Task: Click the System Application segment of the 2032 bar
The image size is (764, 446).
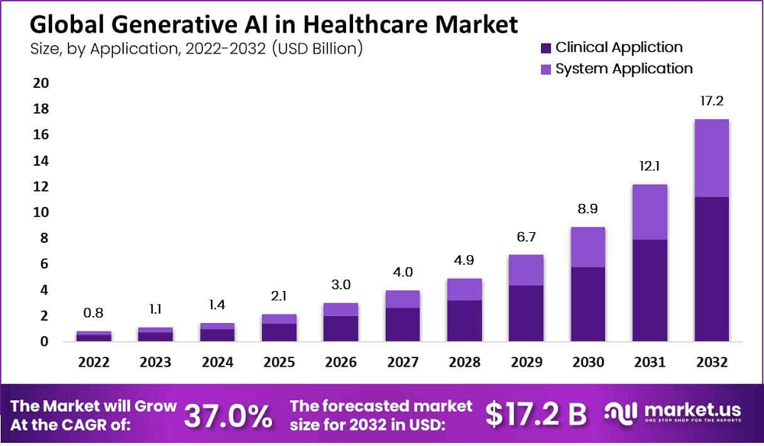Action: (x=711, y=158)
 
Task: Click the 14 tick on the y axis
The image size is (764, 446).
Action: (x=40, y=160)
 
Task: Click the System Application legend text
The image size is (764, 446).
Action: (x=623, y=69)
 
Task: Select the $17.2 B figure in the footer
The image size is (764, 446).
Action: (x=536, y=414)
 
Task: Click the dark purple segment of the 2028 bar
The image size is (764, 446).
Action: (x=465, y=321)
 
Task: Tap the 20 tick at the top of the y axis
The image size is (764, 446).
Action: (x=40, y=82)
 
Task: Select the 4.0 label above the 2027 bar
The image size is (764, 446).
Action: (x=403, y=272)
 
